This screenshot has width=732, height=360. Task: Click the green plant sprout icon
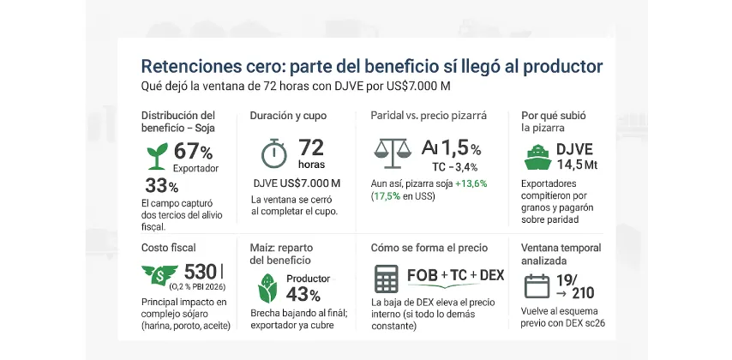pos(157,156)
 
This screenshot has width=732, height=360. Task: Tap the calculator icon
pos(387,280)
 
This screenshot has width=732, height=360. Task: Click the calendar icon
pos(537,284)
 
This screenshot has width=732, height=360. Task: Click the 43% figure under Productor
pos(303,295)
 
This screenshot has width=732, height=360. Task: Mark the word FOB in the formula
pos(423,275)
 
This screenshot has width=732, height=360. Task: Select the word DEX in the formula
pos(492,275)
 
